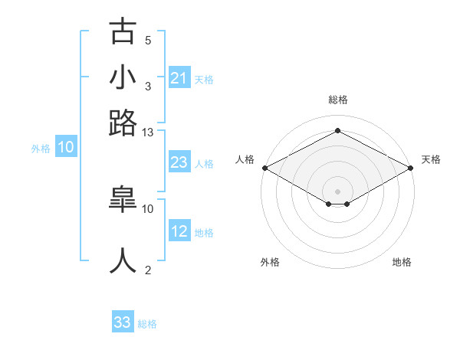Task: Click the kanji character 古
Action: [x=123, y=32]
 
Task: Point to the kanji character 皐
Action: [x=123, y=201]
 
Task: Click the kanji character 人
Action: [x=123, y=260]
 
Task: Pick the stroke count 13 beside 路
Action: [x=148, y=132]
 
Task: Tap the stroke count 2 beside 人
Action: [x=148, y=270]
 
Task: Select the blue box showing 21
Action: [x=179, y=78]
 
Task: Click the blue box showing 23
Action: [x=179, y=162]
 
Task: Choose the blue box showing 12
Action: [x=179, y=231]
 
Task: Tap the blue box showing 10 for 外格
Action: [x=66, y=148]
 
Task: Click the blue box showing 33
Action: [x=123, y=322]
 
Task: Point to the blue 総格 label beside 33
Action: [x=147, y=324]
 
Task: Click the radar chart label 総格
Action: [x=337, y=100]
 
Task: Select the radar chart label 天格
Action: [x=431, y=159]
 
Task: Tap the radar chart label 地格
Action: [x=402, y=262]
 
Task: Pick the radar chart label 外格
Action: [x=270, y=262]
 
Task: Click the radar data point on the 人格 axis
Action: [x=264, y=167]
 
